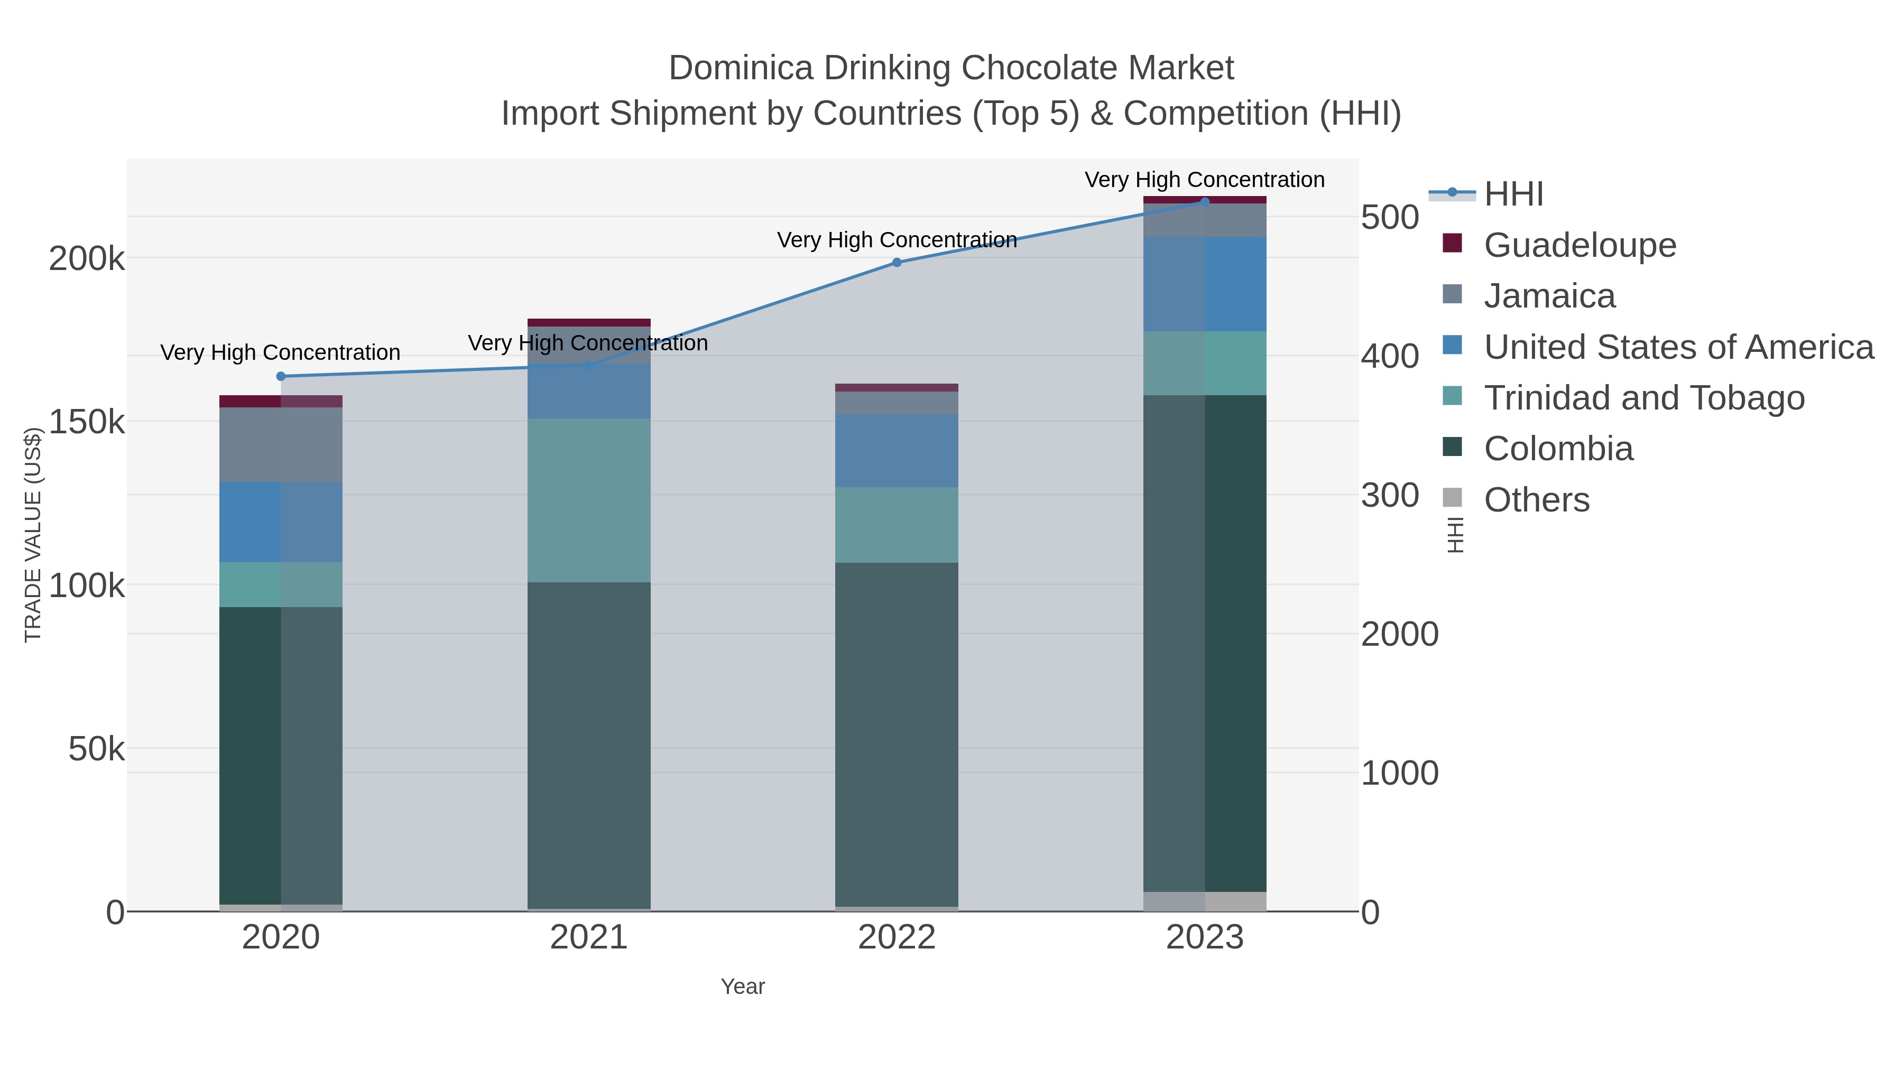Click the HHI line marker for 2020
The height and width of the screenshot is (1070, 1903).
(281, 377)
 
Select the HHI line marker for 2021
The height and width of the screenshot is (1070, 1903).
(589, 365)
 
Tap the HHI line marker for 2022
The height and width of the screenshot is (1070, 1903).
(897, 262)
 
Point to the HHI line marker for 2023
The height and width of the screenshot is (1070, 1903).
(1205, 202)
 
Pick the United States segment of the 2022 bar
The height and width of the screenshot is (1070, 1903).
(897, 450)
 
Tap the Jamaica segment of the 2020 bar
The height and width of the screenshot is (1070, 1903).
(281, 444)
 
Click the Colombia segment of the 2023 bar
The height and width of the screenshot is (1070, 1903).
(1205, 643)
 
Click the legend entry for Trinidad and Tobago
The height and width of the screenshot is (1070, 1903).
(1643, 398)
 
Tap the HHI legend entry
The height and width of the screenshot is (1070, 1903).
(1513, 194)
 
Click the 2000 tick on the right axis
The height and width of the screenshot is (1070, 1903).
(1399, 634)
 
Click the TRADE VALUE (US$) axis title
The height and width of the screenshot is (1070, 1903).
(33, 535)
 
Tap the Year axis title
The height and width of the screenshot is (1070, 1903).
(743, 987)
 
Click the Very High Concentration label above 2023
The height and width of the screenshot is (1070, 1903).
(1204, 180)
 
